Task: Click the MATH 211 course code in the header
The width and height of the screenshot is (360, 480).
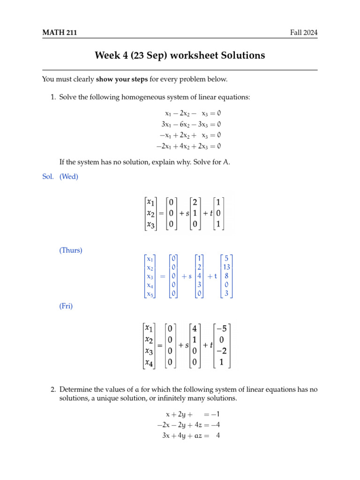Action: click(x=60, y=33)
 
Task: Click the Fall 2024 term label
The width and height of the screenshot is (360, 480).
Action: click(x=303, y=33)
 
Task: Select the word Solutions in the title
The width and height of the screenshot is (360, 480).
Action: click(x=240, y=56)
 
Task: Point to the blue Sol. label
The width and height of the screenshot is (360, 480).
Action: click(x=48, y=177)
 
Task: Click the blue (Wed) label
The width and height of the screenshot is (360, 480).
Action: click(x=69, y=177)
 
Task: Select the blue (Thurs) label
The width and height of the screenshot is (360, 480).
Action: click(x=71, y=250)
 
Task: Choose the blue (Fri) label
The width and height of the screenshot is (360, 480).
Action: click(x=66, y=306)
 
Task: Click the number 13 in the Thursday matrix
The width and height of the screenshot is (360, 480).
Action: click(x=226, y=267)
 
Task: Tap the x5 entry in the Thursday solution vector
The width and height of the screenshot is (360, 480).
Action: click(x=150, y=294)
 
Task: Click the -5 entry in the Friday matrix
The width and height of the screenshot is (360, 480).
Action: click(x=223, y=328)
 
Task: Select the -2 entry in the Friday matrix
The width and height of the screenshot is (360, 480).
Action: click(x=223, y=351)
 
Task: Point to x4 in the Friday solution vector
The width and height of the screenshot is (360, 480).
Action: click(x=150, y=362)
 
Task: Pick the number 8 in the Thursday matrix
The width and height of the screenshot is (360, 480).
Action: click(x=226, y=276)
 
